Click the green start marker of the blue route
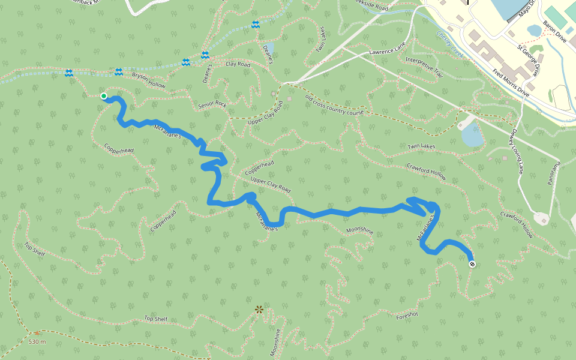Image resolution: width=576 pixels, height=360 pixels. click(x=104, y=96)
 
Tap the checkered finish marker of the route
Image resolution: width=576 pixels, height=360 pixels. click(x=472, y=264)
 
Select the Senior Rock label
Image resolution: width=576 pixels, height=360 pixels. click(x=212, y=104)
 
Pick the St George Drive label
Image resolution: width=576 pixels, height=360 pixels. click(x=529, y=61)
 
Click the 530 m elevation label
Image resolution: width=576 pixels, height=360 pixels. click(x=37, y=341)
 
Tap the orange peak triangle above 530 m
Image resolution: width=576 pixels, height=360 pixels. click(x=37, y=332)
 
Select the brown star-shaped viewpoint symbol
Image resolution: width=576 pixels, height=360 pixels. click(x=259, y=310)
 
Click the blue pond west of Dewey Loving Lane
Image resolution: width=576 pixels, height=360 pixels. click(x=472, y=136)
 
